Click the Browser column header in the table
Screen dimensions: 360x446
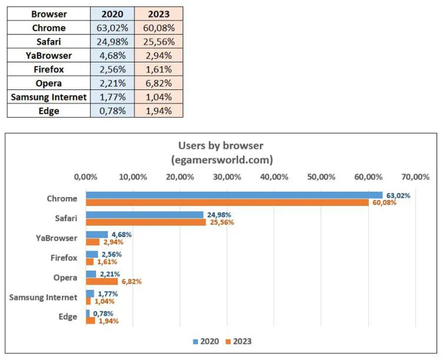click(x=48, y=14)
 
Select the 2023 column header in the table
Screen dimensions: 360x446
click(x=158, y=14)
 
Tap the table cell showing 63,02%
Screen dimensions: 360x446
click(x=112, y=28)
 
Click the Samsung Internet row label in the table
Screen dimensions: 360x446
click(x=48, y=97)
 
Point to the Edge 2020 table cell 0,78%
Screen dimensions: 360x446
click(x=112, y=111)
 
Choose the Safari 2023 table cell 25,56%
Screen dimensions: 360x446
click(x=158, y=42)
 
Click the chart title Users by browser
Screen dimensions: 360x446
click(x=222, y=145)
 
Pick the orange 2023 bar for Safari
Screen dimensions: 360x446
click(x=146, y=222)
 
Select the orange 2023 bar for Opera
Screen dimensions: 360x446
click(x=102, y=281)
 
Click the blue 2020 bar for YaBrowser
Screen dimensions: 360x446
click(x=97, y=235)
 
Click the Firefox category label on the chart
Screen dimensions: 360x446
click(x=63, y=258)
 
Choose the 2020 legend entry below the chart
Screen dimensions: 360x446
click(x=206, y=341)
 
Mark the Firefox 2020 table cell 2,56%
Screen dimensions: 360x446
click(x=112, y=69)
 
